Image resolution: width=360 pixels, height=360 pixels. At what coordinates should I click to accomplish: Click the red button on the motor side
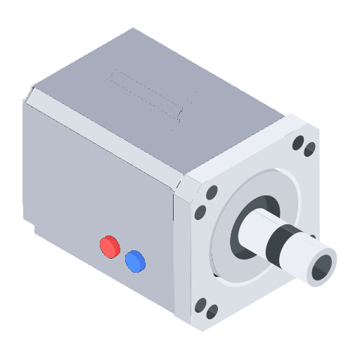(110, 246)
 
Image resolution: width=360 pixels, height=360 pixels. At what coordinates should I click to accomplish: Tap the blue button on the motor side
(134, 262)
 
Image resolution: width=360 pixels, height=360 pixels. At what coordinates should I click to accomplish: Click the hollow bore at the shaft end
(323, 267)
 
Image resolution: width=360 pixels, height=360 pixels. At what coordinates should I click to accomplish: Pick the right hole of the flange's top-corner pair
(309, 148)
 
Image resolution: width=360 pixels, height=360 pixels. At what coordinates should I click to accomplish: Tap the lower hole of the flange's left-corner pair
(201, 212)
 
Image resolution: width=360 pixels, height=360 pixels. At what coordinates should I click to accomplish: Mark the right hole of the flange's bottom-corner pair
(212, 312)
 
